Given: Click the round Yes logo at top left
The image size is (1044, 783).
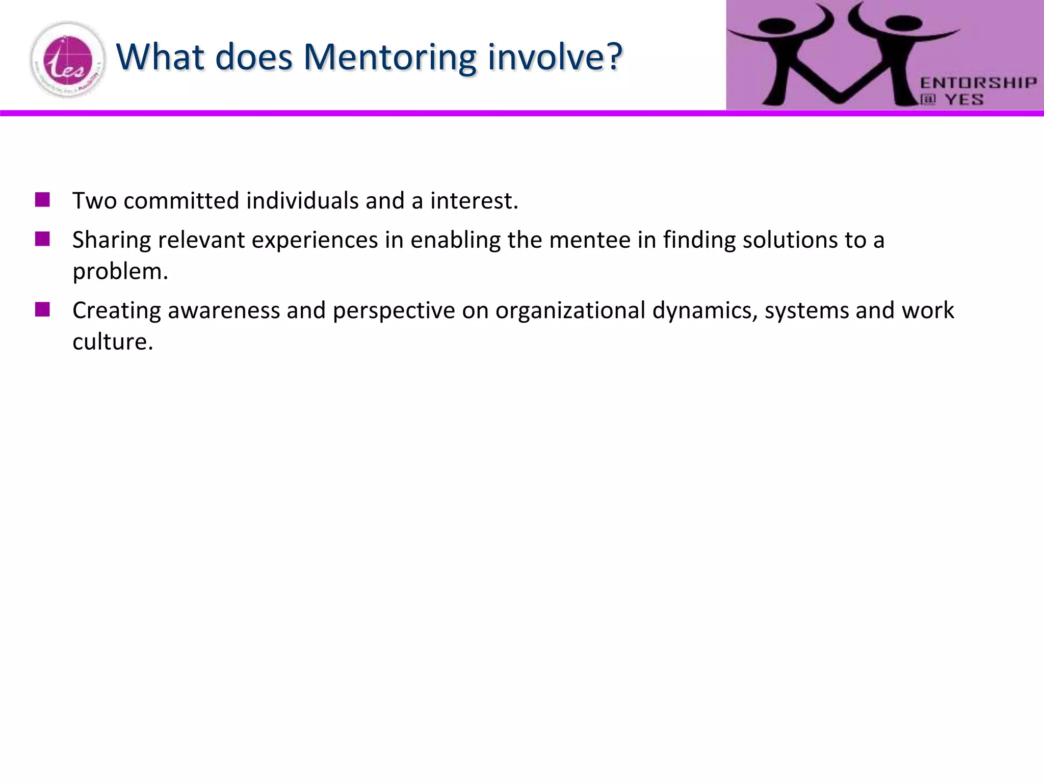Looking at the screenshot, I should [x=68, y=60].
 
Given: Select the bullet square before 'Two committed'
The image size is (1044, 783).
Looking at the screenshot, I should [x=42, y=199].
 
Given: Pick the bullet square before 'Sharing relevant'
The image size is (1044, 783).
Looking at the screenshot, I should [x=42, y=239].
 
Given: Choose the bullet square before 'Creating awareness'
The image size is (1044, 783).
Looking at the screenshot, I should [x=42, y=309].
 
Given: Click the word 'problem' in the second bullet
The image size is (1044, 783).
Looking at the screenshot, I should [x=119, y=271].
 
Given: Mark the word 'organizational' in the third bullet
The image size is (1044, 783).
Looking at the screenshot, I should [x=570, y=310].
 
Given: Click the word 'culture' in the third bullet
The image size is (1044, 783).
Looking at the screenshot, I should [x=112, y=342].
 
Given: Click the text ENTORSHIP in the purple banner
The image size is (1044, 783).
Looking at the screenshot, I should [x=978, y=83].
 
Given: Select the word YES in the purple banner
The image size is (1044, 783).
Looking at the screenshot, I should [x=964, y=99].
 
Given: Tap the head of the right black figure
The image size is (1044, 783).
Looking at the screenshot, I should [x=903, y=23].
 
